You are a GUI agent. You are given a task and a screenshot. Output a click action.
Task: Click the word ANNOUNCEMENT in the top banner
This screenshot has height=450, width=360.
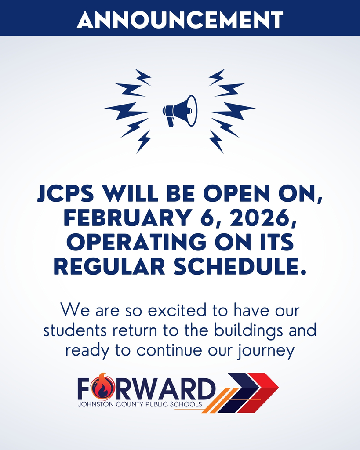180,19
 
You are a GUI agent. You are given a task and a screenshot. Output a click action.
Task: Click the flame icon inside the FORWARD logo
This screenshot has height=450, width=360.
102,387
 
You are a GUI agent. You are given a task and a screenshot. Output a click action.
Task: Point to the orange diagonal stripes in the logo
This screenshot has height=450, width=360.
215,401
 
